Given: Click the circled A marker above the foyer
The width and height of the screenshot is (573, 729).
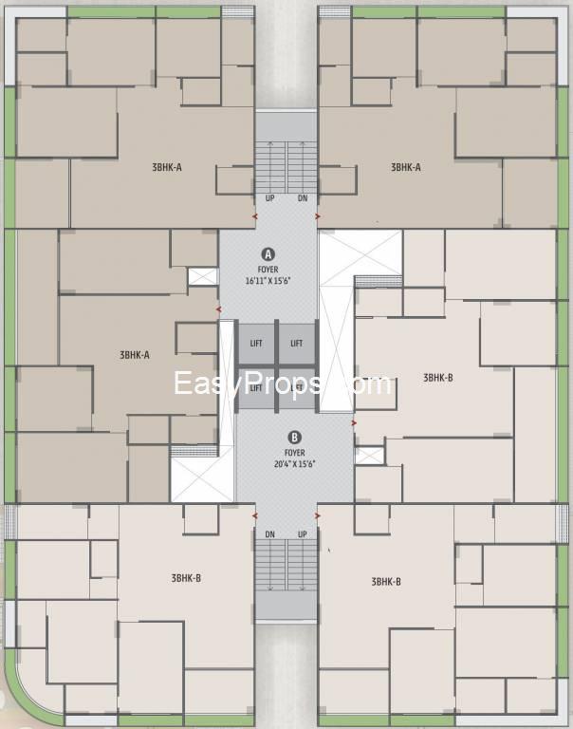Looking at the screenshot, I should pyautogui.click(x=268, y=254).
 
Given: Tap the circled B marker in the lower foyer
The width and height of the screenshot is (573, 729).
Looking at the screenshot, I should pyautogui.click(x=295, y=438).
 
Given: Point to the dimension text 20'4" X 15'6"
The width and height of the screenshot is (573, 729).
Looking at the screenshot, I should pyautogui.click(x=295, y=465).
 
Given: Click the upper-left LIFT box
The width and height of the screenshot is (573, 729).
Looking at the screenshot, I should pyautogui.click(x=255, y=344).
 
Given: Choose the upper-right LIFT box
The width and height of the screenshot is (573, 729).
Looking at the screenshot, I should pyautogui.click(x=297, y=344).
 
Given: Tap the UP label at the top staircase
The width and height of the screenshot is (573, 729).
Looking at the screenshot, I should pyautogui.click(x=270, y=198).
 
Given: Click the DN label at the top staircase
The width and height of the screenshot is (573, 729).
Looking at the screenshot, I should pyautogui.click(x=302, y=198).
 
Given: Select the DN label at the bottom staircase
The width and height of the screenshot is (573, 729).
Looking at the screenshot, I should pyautogui.click(x=270, y=534).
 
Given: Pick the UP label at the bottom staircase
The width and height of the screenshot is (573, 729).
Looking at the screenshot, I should pyautogui.click(x=302, y=534).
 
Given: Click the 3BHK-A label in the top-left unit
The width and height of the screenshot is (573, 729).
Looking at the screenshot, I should pyautogui.click(x=167, y=167).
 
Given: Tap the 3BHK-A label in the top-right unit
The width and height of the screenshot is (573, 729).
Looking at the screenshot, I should pyautogui.click(x=405, y=167).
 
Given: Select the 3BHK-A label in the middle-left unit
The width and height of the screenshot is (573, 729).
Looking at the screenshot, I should pyautogui.click(x=135, y=355).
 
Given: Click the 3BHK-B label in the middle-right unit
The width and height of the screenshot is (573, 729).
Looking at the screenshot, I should pyautogui.click(x=437, y=378).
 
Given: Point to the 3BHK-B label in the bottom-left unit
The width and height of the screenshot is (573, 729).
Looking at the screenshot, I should pyautogui.click(x=186, y=578).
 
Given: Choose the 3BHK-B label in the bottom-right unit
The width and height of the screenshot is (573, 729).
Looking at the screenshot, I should pyautogui.click(x=386, y=581).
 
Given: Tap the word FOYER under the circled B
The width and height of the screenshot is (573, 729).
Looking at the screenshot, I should pyautogui.click(x=295, y=454).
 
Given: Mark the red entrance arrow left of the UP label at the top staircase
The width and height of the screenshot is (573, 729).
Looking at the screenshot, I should pyautogui.click(x=253, y=216).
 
